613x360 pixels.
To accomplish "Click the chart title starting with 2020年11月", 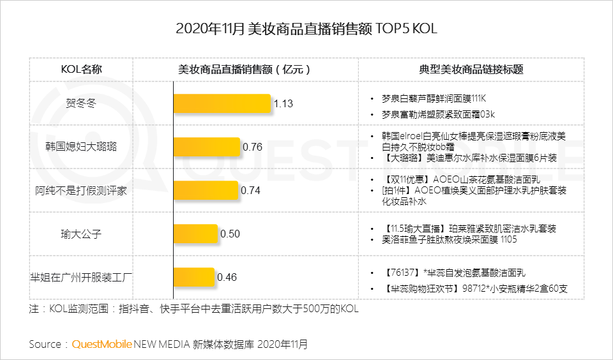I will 306,29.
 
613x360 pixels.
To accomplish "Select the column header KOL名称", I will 81,70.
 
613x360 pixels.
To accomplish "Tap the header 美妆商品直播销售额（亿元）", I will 245,70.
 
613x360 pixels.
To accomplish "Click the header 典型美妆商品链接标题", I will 471,70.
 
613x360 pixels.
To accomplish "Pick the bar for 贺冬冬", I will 223,104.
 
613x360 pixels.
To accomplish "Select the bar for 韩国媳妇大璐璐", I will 207,147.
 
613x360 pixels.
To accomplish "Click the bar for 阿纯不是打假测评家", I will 206,190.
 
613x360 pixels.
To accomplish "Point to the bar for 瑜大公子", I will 196,234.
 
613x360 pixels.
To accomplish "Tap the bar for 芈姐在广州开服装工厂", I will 195,277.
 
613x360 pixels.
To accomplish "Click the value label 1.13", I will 284,104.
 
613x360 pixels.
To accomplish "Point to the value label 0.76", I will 253,147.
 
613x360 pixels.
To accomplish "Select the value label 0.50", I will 230,234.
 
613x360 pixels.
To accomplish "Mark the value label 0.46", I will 227,277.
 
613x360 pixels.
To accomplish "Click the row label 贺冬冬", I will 81,103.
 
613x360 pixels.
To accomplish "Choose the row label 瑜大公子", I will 81,234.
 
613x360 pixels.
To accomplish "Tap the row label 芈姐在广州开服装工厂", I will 81,277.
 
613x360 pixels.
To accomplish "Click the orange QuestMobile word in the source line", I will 102,344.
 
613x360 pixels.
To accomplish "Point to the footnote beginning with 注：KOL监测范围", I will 194,310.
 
